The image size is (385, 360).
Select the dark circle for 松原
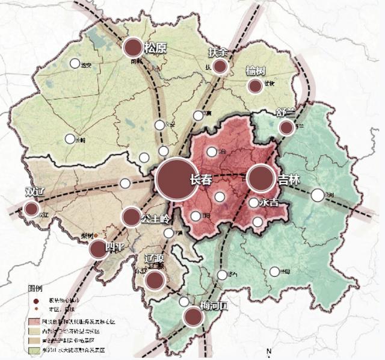point(133,48)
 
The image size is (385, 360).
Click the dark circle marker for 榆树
point(255,86)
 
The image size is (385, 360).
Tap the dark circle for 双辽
point(31,209)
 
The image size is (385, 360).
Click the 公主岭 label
point(154,218)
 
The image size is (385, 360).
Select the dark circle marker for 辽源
point(155,280)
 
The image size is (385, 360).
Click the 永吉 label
point(269,203)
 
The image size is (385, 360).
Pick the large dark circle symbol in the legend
point(37,301)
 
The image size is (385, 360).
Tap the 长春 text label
point(200,180)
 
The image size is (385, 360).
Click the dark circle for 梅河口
point(194,317)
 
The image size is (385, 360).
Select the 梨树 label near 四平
point(87,237)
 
